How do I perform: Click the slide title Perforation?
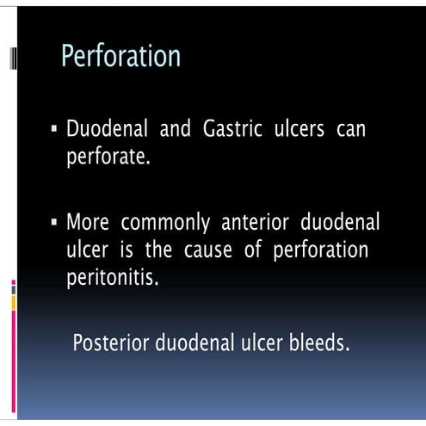(120, 57)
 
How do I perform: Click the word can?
(352, 133)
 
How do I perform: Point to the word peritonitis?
(113, 279)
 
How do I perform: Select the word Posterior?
(110, 343)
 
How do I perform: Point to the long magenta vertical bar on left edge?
(13, 348)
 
